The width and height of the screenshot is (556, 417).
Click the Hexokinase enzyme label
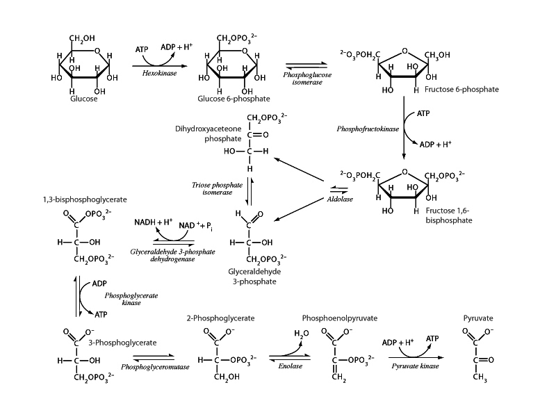tap(158, 72)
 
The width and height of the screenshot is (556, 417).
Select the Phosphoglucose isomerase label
tap(306, 76)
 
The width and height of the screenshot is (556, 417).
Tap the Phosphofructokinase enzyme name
tap(367, 129)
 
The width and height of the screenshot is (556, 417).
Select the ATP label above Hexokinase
tap(142, 50)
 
